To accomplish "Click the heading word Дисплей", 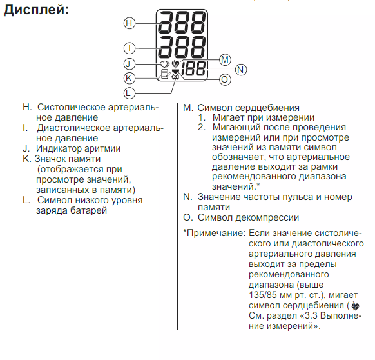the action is [x=36, y=10].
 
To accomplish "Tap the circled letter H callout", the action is [x=130, y=23].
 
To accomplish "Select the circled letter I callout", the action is [x=130, y=48].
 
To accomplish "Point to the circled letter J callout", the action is [x=130, y=64].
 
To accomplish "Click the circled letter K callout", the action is [x=130, y=78].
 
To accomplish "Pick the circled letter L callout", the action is [x=130, y=93].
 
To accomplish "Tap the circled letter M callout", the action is [x=225, y=59].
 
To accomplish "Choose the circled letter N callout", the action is [x=241, y=70].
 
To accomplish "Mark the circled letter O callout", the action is [x=225, y=79].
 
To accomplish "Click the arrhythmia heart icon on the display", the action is [x=165, y=64].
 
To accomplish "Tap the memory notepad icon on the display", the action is [x=165, y=74].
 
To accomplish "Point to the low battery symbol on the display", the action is [x=175, y=77].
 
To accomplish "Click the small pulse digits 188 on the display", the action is [x=193, y=68].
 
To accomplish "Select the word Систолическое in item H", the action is [x=72, y=107].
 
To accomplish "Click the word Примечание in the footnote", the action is [x=216, y=234].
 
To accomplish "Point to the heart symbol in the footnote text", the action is [x=356, y=306].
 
